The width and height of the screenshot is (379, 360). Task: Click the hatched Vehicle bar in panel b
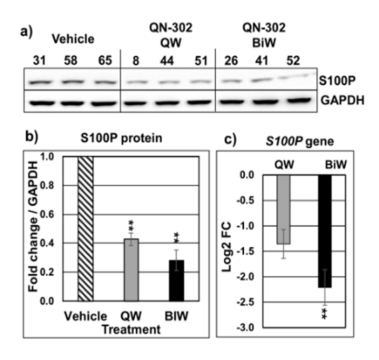point(85,229)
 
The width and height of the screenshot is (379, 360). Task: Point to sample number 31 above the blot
point(36,61)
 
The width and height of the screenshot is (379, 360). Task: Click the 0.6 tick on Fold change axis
point(63,214)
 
